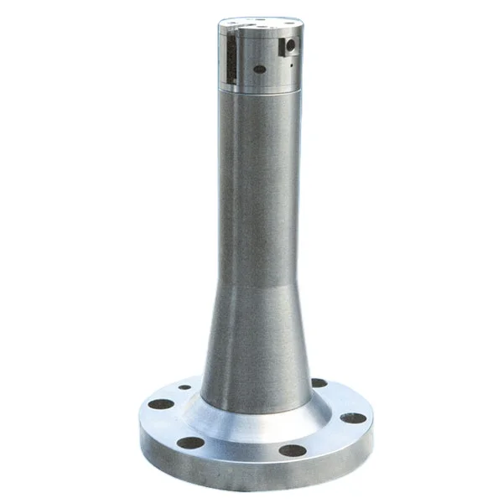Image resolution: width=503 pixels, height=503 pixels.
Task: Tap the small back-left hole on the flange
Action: [184, 387]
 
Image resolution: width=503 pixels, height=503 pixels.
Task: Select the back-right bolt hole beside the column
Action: [319, 383]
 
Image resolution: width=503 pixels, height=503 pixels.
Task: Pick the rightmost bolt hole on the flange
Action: [353, 417]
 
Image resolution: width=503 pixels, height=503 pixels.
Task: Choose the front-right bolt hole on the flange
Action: [293, 450]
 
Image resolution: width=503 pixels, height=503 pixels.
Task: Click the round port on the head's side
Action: [288, 44]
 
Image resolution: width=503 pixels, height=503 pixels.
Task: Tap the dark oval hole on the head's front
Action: [260, 69]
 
